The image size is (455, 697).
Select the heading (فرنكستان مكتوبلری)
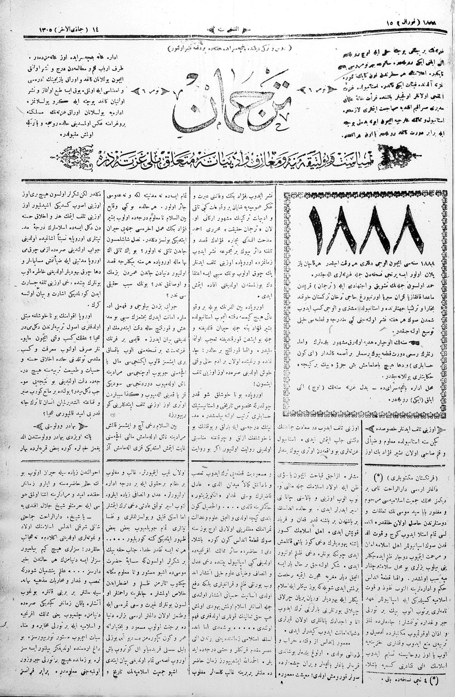[405, 477]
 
